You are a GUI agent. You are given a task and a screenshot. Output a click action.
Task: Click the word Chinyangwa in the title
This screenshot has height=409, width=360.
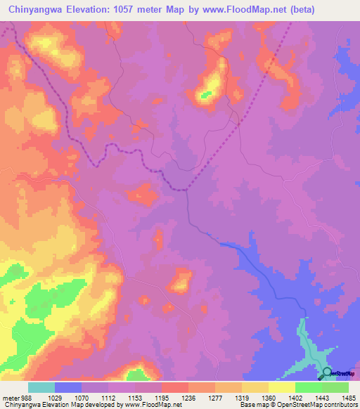click(x=38, y=10)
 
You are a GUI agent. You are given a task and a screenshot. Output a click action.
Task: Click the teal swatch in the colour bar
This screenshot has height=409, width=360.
click(x=41, y=387)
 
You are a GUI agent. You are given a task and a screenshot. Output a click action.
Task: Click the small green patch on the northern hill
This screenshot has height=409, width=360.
click(x=205, y=93)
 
